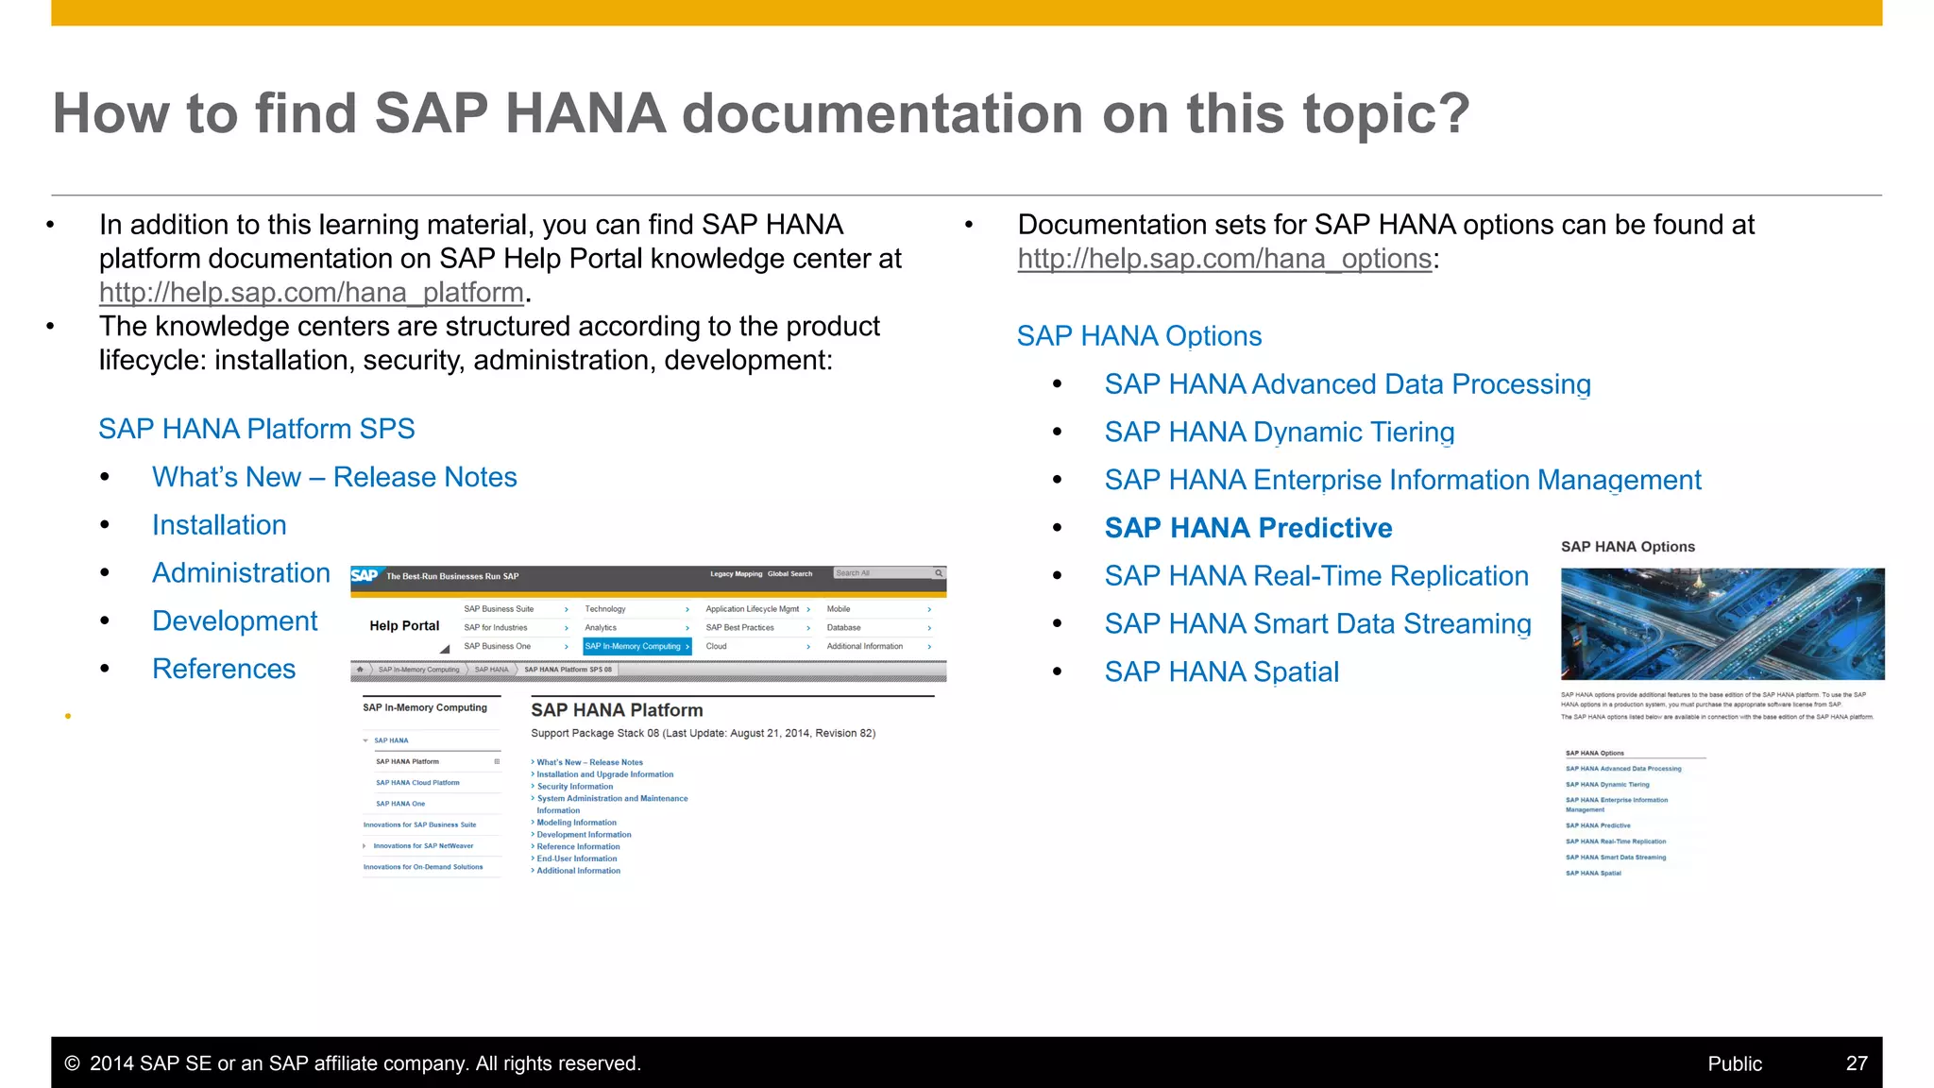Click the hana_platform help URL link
point(312,293)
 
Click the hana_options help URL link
point(1224,259)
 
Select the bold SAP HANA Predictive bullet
point(1247,528)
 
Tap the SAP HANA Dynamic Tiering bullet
point(1279,433)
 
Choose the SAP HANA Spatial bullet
point(1221,672)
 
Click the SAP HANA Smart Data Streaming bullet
point(1317,624)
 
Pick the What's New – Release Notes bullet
point(334,478)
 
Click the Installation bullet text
point(219,525)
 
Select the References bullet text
point(224,669)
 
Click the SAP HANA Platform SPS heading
point(256,429)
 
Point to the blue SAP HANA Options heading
point(1139,336)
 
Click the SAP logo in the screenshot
point(365,575)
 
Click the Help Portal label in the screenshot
point(404,626)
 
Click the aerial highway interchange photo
point(1722,623)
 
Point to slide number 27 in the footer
point(1856,1063)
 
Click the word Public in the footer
point(1734,1063)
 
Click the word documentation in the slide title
point(883,113)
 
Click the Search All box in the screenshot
point(882,573)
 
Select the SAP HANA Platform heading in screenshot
point(617,710)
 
